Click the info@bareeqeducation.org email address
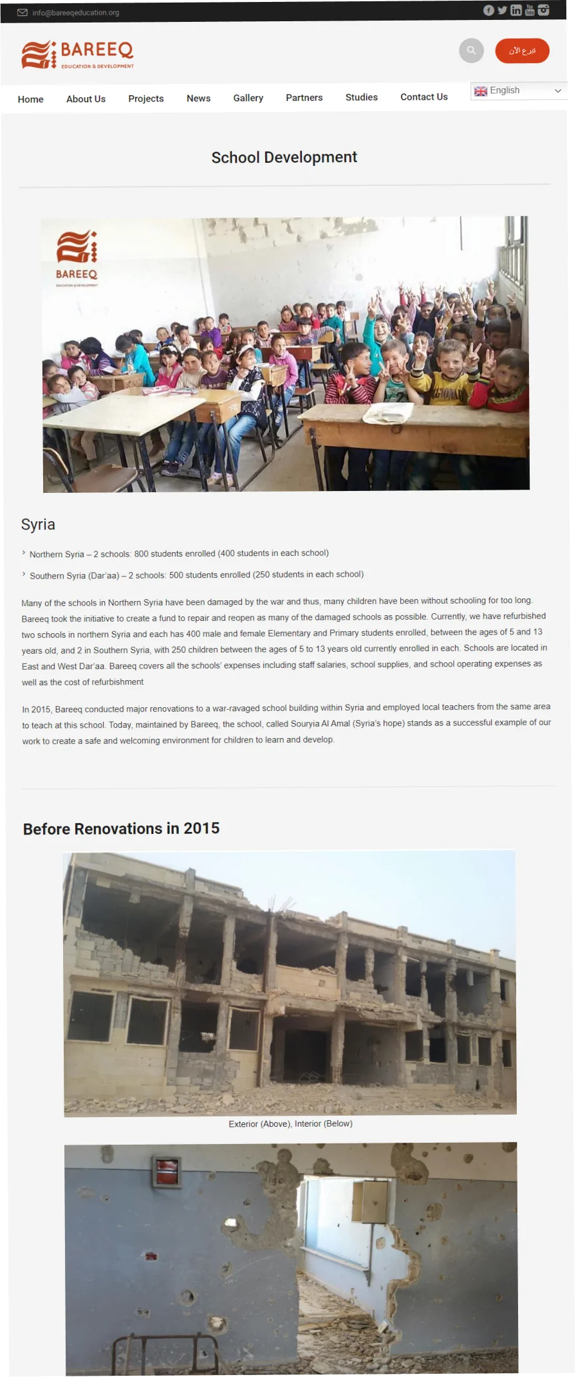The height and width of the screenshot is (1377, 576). coord(75,12)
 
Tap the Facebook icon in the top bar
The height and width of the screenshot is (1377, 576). coord(488,10)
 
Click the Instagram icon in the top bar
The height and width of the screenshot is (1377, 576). coord(544,10)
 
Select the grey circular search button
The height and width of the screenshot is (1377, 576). coord(471,50)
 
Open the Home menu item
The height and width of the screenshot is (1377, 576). coord(31,99)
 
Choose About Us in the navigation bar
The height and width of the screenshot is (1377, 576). coord(86,99)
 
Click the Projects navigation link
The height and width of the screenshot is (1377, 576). coord(145,98)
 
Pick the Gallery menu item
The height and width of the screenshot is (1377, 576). coord(248,98)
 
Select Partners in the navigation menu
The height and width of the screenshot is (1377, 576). coord(304,97)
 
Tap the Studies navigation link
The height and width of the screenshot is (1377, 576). coord(361,97)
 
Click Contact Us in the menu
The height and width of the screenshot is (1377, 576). coord(423,97)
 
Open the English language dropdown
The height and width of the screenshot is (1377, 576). coord(518,91)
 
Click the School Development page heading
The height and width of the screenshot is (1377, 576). coord(284,158)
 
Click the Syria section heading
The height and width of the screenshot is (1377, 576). coord(38,524)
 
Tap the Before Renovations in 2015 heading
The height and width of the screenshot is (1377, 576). coord(121,829)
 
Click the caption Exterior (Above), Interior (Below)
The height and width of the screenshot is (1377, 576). coord(290,1123)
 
